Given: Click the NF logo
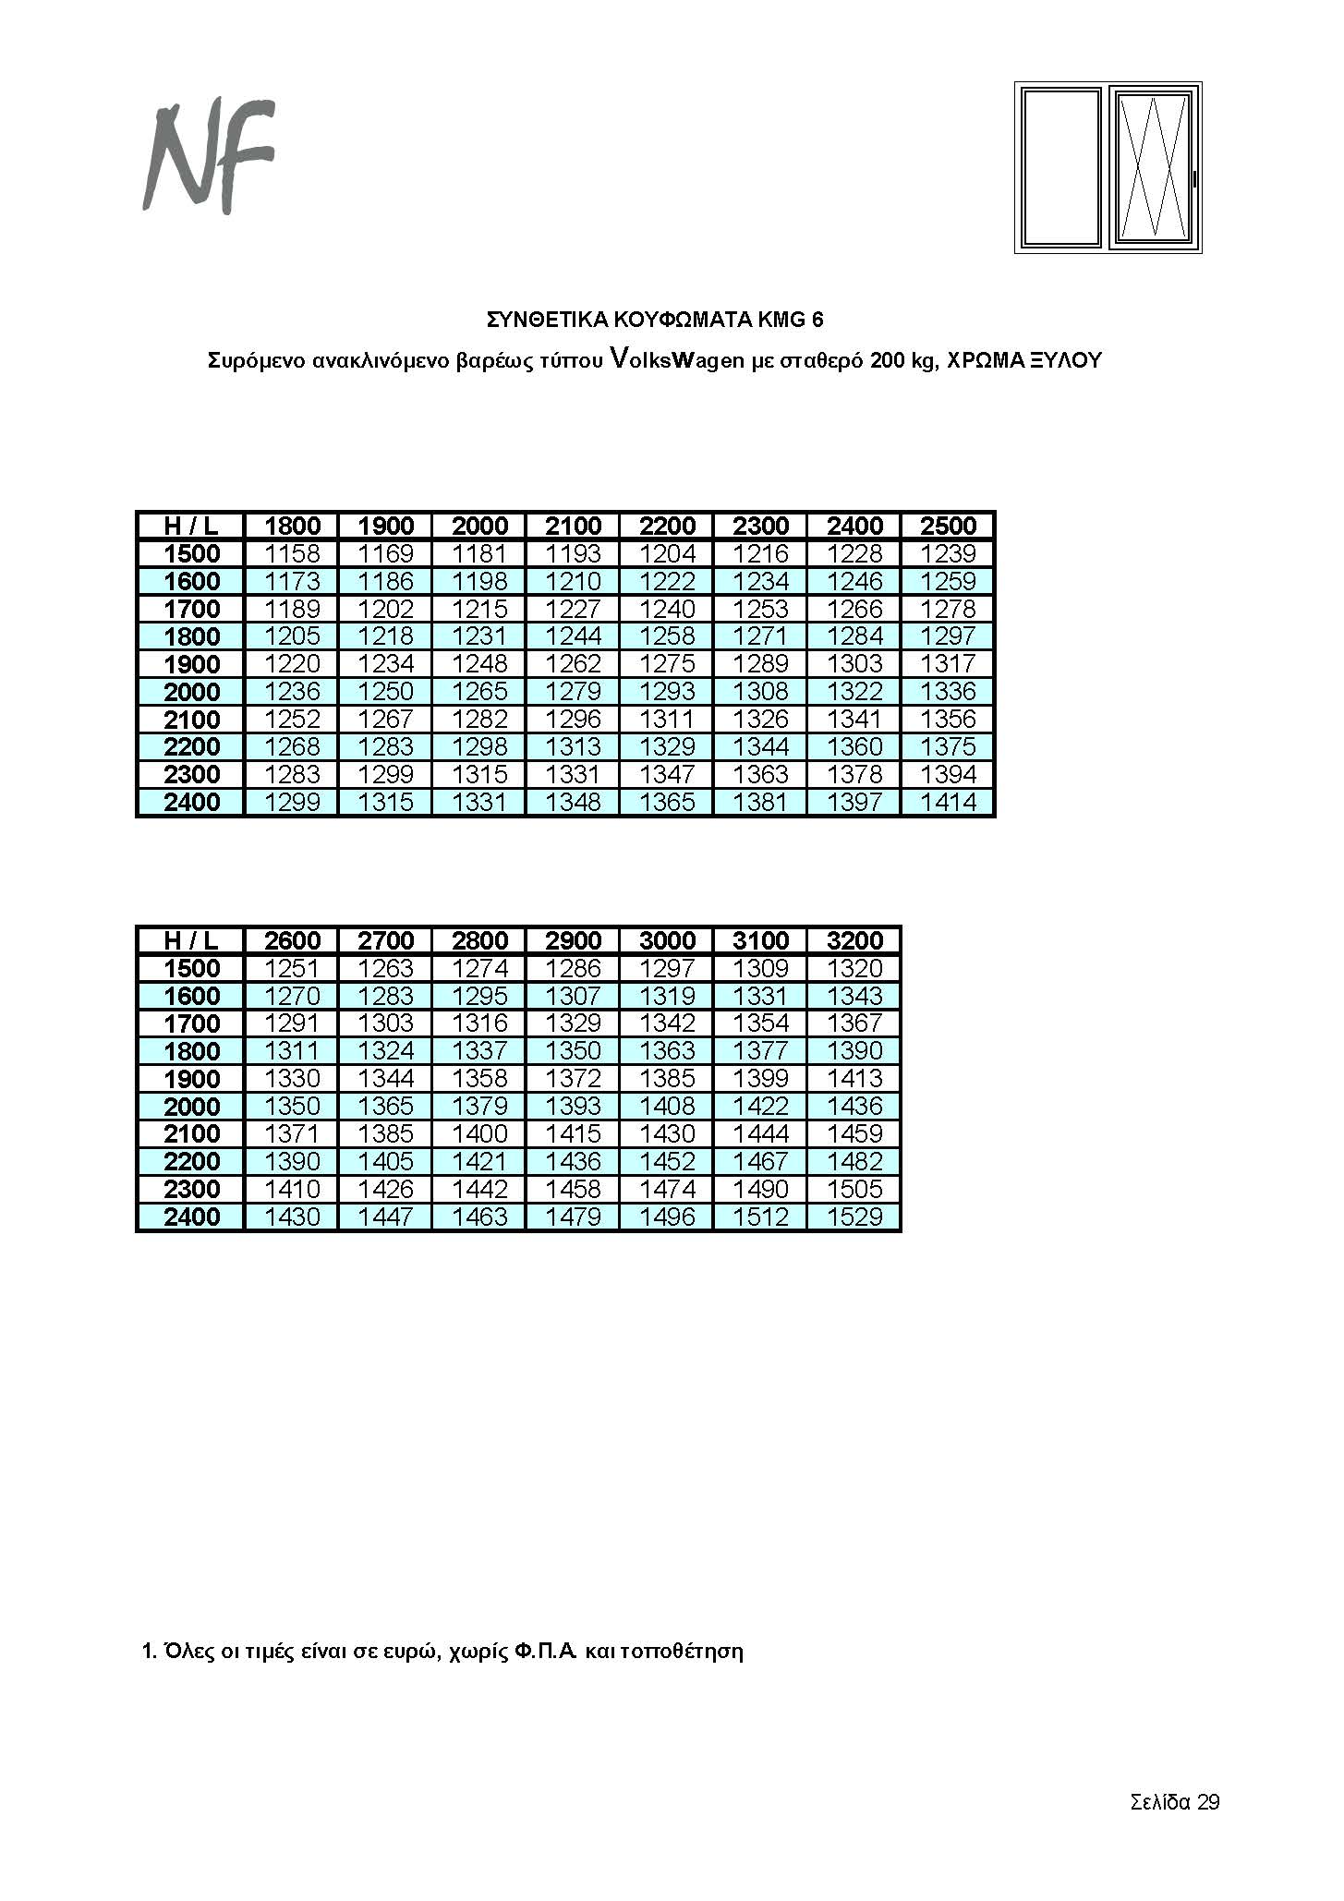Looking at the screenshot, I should coord(210,157).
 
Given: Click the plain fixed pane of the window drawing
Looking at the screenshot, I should coord(1061,167).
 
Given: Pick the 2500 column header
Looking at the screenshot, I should coord(948,526).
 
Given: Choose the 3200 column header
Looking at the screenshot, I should coord(854,940).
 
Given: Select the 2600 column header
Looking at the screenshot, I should coord(292,940).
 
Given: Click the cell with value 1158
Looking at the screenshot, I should coord(292,553).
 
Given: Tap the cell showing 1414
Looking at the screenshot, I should coord(948,802).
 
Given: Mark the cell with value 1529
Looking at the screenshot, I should coord(854,1217).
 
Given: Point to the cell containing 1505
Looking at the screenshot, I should coord(854,1189).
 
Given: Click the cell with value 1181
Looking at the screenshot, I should coord(479,553).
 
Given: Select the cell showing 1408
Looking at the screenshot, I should coord(667,1106).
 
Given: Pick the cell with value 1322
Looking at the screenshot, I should coord(854,691).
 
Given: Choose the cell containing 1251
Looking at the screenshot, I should coord(292,968).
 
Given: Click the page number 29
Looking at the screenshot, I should coord(1208,1802).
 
